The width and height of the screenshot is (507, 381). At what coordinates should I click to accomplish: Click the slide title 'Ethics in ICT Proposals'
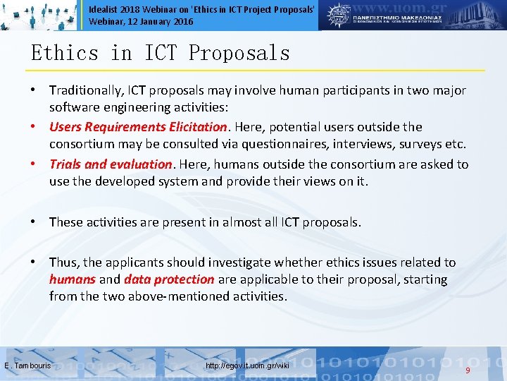point(161,53)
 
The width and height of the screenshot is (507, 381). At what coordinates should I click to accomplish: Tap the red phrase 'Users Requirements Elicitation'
point(139,127)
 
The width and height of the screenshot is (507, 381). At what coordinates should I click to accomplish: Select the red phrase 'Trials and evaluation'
point(111,164)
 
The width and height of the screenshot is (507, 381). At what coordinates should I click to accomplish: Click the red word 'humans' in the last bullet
point(73,279)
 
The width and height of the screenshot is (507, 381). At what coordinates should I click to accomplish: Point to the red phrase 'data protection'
point(169,279)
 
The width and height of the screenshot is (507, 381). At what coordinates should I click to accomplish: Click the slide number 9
point(468,370)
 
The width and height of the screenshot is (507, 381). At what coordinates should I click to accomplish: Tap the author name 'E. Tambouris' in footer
point(27,366)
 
